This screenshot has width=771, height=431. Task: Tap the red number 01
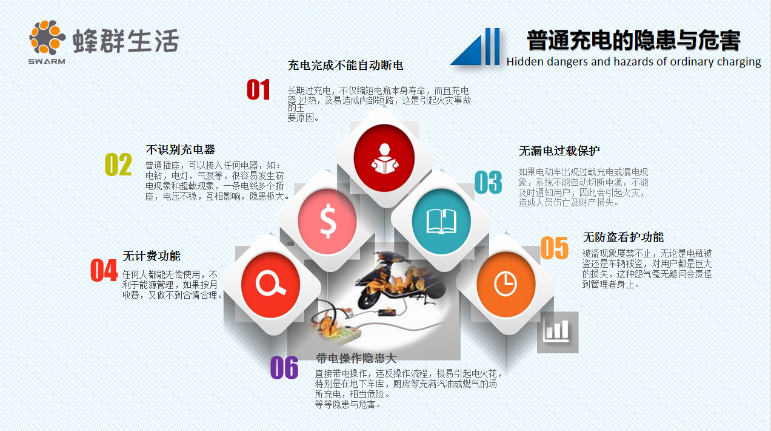point(258,90)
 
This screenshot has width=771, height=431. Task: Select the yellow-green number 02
point(118,165)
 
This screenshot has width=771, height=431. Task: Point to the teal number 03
point(488,182)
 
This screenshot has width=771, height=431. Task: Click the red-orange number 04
point(104,270)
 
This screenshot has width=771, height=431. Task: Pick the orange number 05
point(554,248)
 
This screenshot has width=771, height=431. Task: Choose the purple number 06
point(284,368)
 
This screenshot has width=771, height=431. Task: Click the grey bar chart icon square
point(557,331)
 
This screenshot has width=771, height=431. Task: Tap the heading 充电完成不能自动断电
point(345,65)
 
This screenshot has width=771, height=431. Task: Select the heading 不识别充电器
point(181,149)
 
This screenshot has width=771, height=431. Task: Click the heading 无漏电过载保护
point(559,151)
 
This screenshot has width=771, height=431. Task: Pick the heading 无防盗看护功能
point(623,237)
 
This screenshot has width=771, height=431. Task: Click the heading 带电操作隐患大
point(356,358)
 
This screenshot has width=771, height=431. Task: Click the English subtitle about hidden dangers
point(633,61)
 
